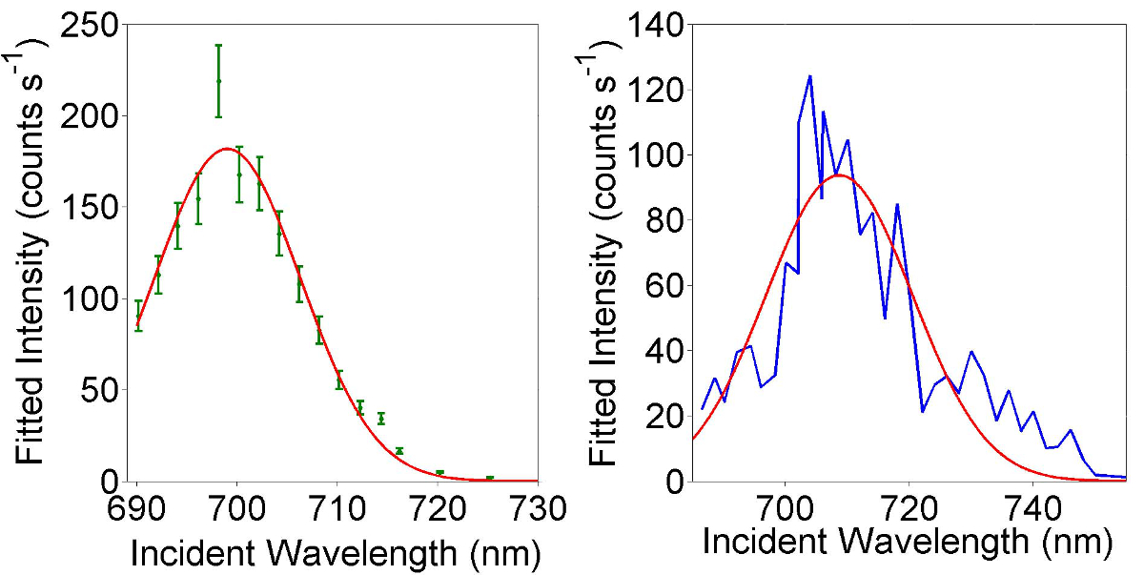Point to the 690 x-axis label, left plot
[x=137, y=504]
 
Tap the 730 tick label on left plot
[x=539, y=504]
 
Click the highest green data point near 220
[x=218, y=81]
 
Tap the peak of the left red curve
[x=227, y=149]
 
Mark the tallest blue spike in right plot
[x=809, y=76]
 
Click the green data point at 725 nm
[x=490, y=478]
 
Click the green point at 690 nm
[x=138, y=318]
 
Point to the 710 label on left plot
[x=338, y=504]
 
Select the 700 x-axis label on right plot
[x=785, y=504]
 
